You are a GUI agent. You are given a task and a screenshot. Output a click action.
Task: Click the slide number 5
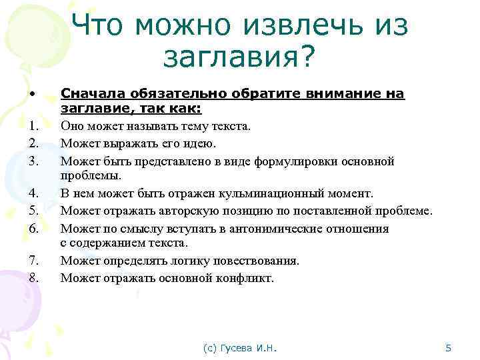pos(449,347)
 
